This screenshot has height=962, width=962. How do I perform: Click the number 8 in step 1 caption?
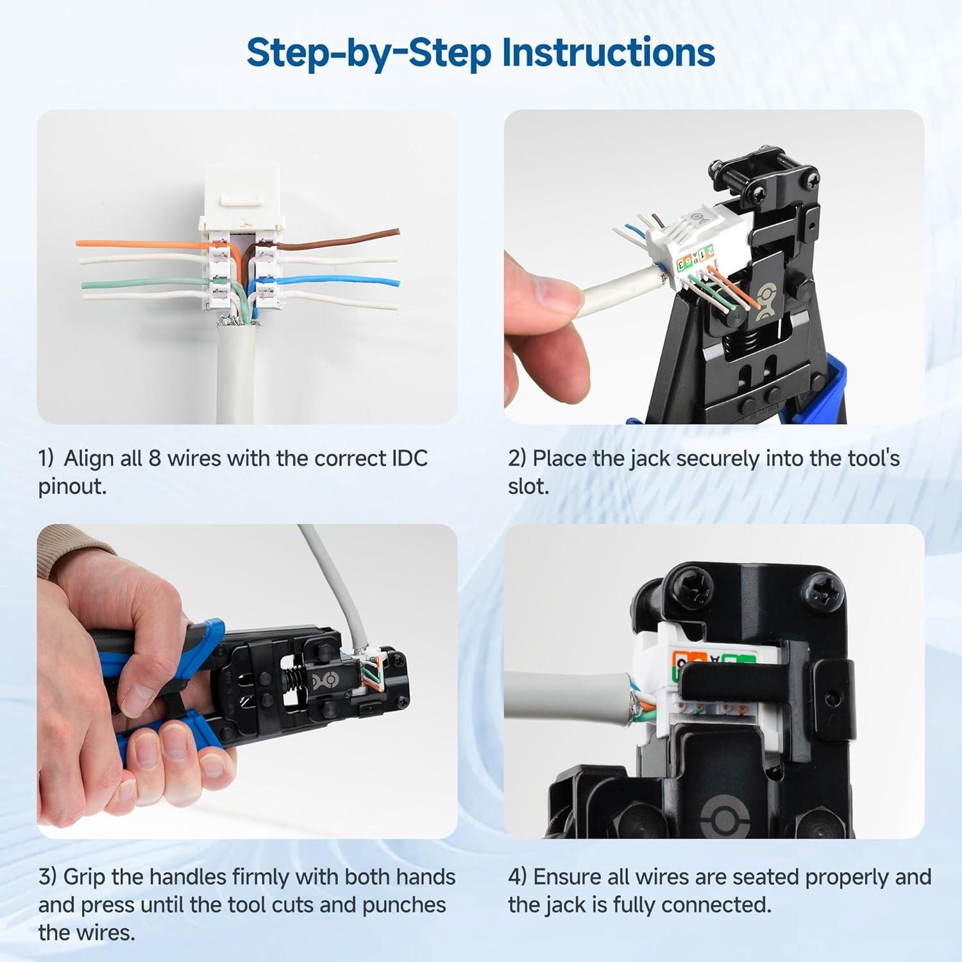click(x=155, y=459)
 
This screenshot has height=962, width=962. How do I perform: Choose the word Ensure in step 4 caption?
click(x=570, y=877)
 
